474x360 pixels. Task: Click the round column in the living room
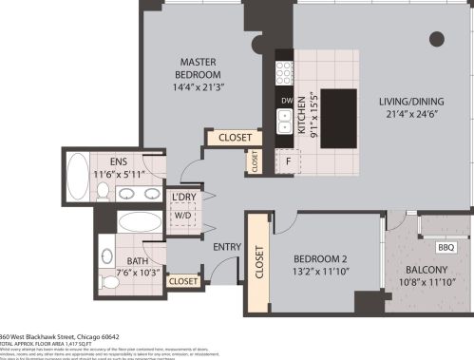pyautogui.click(x=436, y=39)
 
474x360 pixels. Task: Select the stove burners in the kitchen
pyautogui.click(x=284, y=71)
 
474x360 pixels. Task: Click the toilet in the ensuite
pyautogui.click(x=104, y=193)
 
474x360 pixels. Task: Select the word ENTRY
pyautogui.click(x=227, y=247)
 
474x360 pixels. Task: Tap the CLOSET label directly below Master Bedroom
pyautogui.click(x=234, y=138)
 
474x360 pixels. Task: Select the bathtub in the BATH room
pyautogui.click(x=141, y=223)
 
